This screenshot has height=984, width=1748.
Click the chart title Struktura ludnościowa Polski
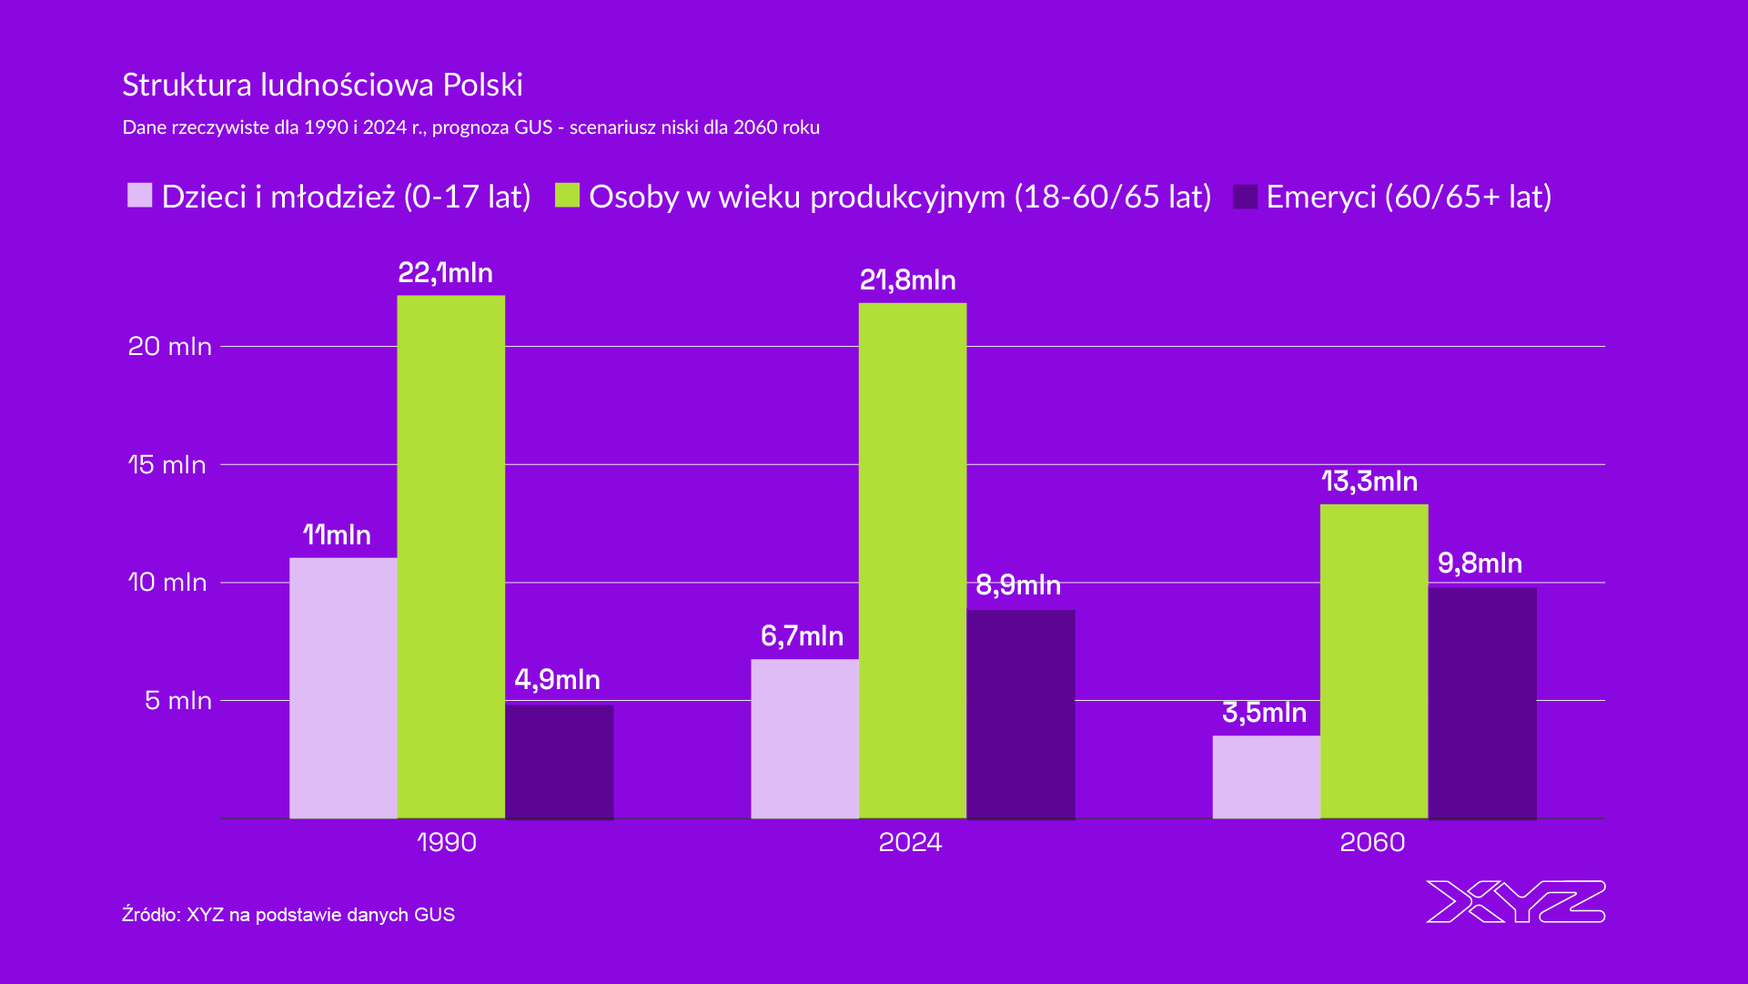pos(322,85)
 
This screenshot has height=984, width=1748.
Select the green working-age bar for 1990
pos(451,556)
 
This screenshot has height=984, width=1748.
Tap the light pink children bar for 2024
pos(804,738)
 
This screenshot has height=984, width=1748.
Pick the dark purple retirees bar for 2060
pos(1482,703)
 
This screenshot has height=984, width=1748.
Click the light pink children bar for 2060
pos(1266,776)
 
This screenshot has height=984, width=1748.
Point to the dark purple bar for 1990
pos(559,761)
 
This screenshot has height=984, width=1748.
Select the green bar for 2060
pos(1374,661)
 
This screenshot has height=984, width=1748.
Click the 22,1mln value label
pos(445,273)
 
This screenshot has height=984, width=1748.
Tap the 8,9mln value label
pos(1017,584)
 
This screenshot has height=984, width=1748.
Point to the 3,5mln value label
pos(1264,712)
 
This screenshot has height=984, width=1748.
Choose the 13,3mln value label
pos(1369,481)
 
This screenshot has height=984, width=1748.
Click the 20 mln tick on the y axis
pos(169,346)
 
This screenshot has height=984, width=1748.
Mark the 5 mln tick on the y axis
pos(177,700)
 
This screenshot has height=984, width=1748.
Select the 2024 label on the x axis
pos(910,842)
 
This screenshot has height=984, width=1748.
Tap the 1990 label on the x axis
pos(446,842)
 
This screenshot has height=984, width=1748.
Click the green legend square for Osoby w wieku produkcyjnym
pos(567,196)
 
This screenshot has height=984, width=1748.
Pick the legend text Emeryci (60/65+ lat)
pos(1408,197)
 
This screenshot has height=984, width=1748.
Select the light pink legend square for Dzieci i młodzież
pos(139,196)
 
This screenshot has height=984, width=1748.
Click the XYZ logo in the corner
pos(1515,901)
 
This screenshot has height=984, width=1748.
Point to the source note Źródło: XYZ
pos(288,914)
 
